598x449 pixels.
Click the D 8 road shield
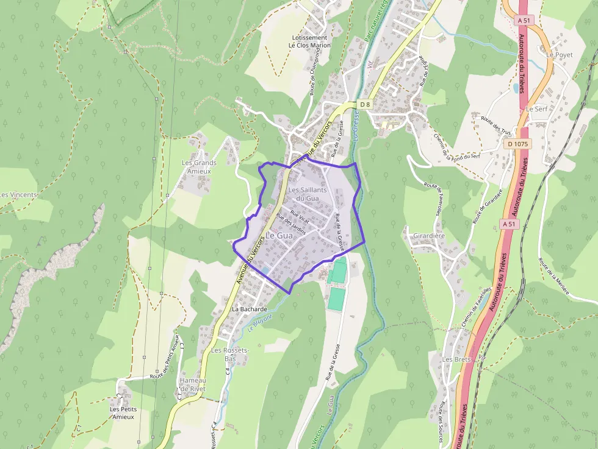(365, 105)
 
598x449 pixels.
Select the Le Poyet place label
(560, 54)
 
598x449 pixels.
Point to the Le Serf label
(536, 108)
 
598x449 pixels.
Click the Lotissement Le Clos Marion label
(309, 41)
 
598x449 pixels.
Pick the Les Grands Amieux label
(199, 167)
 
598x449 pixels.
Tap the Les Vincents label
(18, 195)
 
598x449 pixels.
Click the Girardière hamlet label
(428, 235)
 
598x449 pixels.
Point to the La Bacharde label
(250, 309)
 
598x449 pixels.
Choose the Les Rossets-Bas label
(229, 355)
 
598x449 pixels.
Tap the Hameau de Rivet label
(192, 384)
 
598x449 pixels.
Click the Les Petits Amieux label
(123, 413)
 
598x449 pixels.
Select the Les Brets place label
(456, 359)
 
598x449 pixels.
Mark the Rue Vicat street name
(300, 216)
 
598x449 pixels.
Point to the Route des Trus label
(496, 126)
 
